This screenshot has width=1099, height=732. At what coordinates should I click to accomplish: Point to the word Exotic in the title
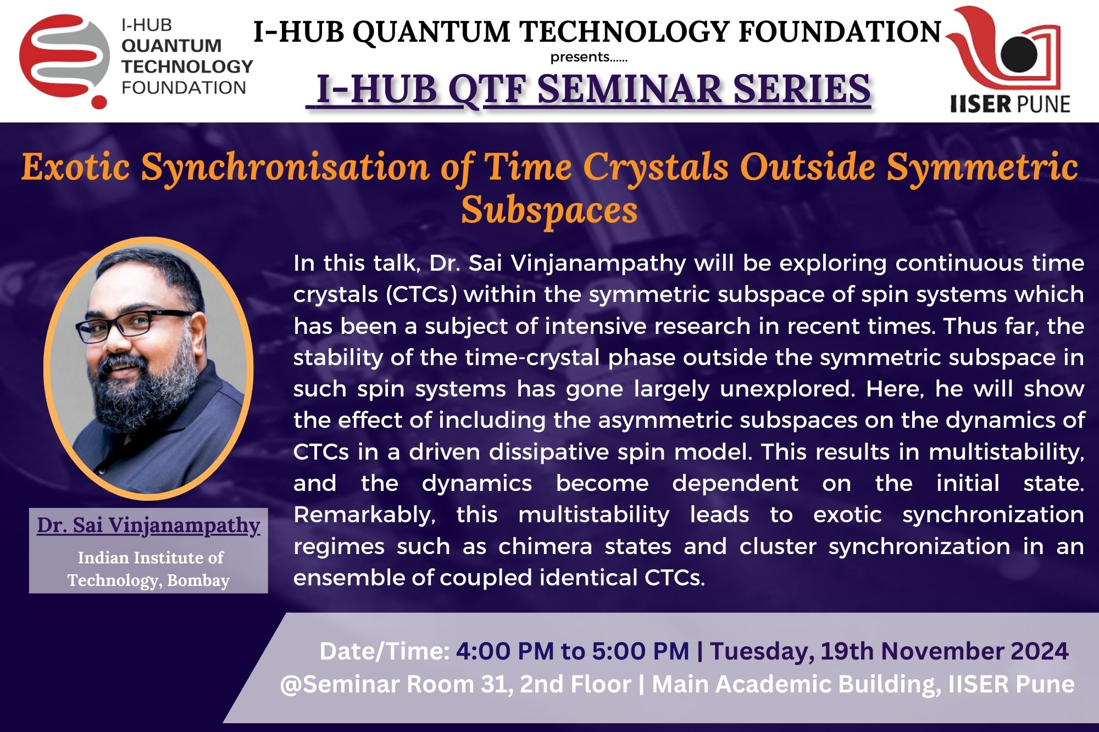point(76,167)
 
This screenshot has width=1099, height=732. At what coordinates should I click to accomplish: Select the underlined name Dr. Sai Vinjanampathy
point(148,526)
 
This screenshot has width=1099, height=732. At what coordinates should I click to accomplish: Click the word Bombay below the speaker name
point(198,580)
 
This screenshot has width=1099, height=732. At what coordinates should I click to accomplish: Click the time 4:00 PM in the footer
point(505,651)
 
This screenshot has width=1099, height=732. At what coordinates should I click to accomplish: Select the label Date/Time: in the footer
point(385,652)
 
